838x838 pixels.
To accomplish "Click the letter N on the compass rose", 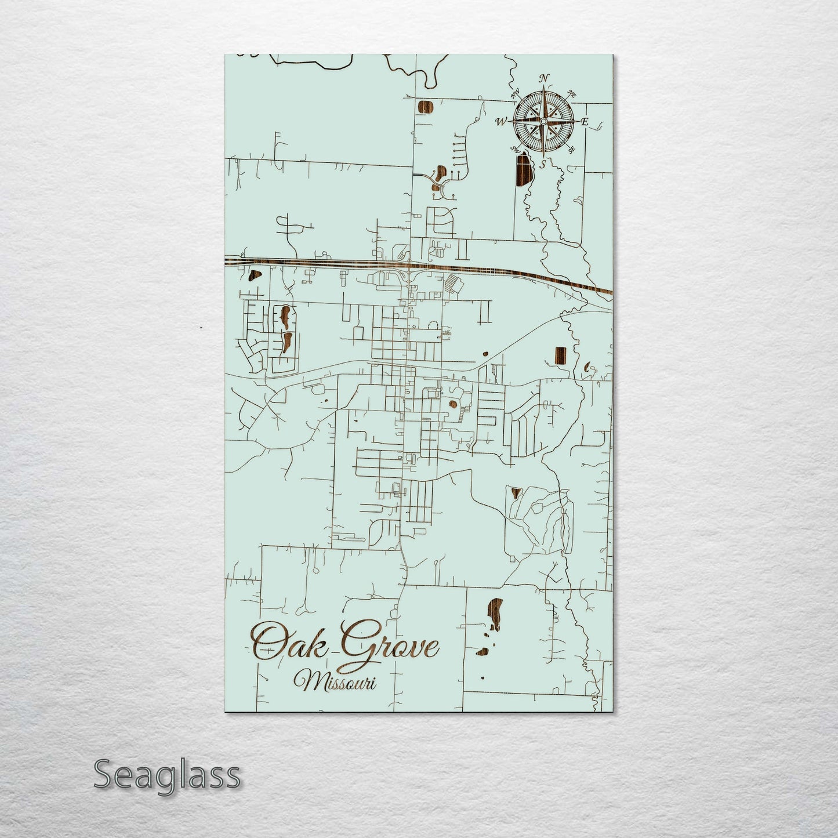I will tap(543, 78).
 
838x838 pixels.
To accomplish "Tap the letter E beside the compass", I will tap(585, 122).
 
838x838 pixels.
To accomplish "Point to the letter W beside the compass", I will tap(500, 122).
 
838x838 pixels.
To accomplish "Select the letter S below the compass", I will tap(543, 164).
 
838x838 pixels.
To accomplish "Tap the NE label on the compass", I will tap(571, 93).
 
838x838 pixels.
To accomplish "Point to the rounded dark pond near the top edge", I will tap(426, 107).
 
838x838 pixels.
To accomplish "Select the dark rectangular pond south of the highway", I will tap(560, 355).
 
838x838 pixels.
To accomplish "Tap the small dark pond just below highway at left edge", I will tap(253, 275).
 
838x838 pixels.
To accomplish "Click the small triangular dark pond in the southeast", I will tap(514, 494).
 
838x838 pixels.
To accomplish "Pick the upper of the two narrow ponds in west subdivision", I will tap(285, 316).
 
